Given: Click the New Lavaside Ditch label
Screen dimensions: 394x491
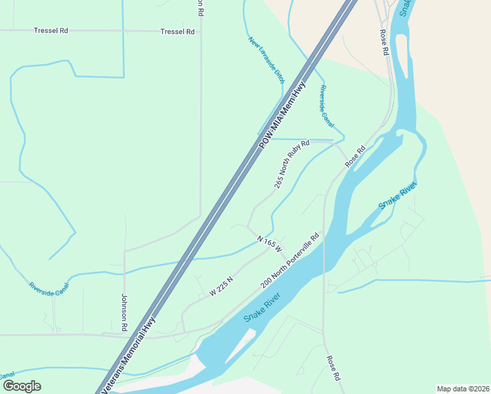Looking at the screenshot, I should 267,59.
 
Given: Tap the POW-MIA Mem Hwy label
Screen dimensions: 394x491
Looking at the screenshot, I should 283,114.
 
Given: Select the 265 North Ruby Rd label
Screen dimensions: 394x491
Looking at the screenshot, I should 291,164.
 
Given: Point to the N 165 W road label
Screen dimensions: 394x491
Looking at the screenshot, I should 269,244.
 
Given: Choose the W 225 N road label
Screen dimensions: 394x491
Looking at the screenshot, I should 222,286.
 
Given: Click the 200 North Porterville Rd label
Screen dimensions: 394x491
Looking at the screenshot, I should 289,261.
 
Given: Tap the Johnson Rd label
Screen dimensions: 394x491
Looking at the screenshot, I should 123,312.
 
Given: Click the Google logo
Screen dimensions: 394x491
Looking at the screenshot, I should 22,386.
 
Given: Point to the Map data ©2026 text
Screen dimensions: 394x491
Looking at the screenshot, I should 463,389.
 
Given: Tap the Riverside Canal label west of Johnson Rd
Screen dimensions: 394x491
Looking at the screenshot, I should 49,290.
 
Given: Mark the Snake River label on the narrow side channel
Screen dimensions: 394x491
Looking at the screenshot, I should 398,196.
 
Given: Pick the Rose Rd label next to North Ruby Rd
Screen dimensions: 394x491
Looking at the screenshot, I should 354,156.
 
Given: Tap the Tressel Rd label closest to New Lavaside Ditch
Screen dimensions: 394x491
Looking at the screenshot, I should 177,32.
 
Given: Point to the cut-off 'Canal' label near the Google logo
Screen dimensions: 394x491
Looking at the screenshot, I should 7,375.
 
